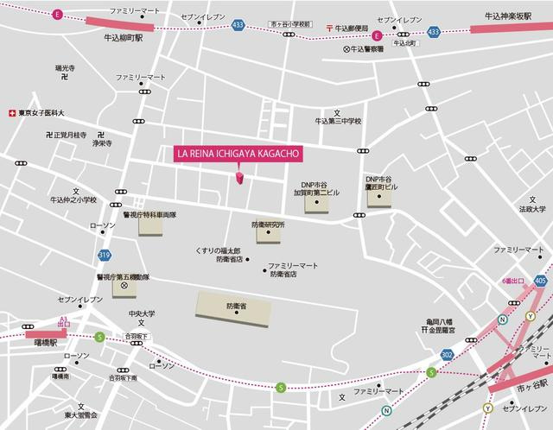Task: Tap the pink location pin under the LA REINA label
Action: point(239,179)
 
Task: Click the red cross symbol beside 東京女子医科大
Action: point(11,112)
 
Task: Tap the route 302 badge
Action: point(447,354)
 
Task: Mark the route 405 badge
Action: point(541,281)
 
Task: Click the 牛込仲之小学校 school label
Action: point(73,200)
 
